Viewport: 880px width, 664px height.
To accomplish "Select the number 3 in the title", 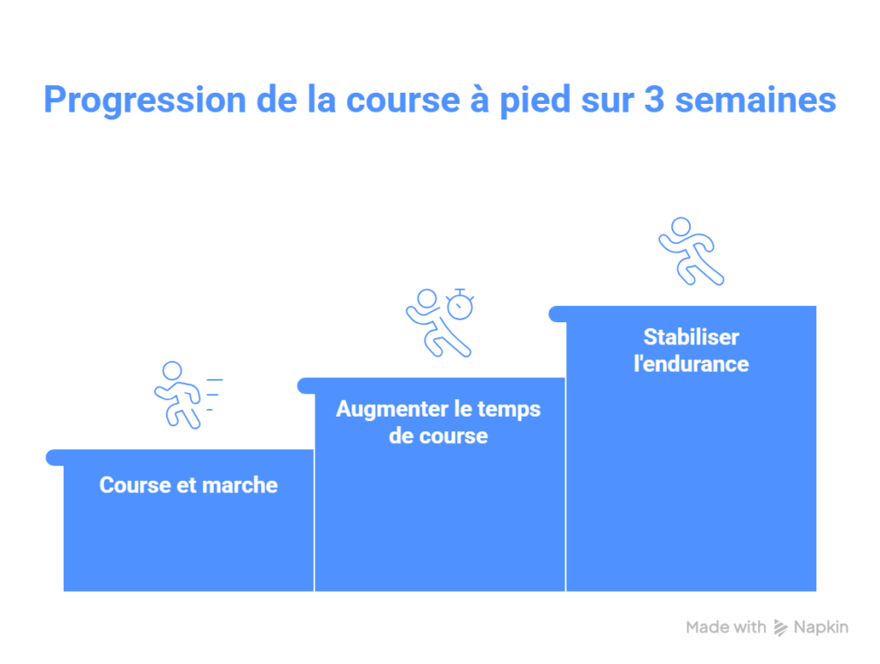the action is click(654, 100).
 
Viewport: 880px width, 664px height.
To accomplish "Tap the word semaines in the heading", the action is click(755, 100).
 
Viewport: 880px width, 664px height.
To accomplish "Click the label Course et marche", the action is click(188, 485).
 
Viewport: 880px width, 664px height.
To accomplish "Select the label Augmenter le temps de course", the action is click(438, 423).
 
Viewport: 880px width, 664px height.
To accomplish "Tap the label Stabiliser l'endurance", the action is click(692, 350).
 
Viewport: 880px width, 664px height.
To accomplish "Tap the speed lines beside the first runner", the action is click(213, 395).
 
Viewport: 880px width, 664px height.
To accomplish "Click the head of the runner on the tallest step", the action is click(681, 227).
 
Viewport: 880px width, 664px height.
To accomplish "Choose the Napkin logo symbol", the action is click(780, 628).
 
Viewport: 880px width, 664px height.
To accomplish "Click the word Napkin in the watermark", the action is click(821, 628).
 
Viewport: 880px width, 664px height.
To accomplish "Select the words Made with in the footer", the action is click(725, 627).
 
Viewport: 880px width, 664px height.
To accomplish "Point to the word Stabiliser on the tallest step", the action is click(692, 337).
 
